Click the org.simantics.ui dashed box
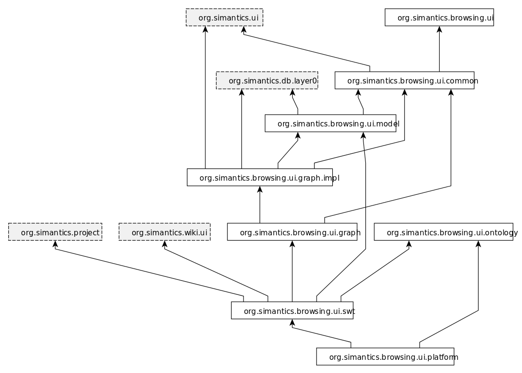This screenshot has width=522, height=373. tap(224, 18)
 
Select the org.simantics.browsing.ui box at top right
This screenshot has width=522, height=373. tap(439, 18)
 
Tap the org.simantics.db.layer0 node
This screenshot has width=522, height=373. tap(267, 81)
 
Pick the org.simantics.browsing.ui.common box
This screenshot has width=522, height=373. tap(404, 81)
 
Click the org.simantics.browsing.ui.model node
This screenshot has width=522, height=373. tap(330, 124)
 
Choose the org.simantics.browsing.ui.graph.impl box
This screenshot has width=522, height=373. tap(260, 178)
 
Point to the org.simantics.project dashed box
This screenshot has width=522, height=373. tap(55, 232)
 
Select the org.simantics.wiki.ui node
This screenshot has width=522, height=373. tap(164, 232)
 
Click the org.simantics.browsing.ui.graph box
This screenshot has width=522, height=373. tap(292, 232)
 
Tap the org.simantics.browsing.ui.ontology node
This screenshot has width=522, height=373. tap(443, 232)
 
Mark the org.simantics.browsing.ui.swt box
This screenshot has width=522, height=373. tap(292, 311)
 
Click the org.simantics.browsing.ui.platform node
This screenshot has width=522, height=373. tap(385, 357)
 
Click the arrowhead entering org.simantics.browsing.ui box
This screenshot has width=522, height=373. tap(439, 29)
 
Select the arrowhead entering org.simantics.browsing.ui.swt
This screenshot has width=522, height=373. tap(292, 323)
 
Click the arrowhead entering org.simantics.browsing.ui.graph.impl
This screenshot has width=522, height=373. tap(260, 189)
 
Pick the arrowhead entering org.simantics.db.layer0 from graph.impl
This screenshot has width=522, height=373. tap(241, 92)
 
